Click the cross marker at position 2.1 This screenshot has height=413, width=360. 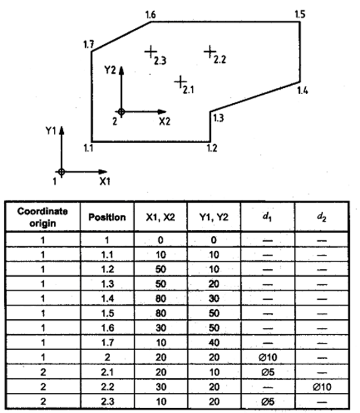(x=181, y=81)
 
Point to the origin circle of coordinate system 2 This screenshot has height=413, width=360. (x=121, y=112)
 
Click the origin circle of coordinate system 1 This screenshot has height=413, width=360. (x=62, y=172)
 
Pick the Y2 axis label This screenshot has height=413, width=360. (x=110, y=70)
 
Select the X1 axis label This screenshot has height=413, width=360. (x=104, y=181)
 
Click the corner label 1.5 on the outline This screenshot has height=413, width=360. (x=300, y=14)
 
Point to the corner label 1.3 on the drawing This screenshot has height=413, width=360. (x=217, y=118)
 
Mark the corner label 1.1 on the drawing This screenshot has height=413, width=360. (x=88, y=147)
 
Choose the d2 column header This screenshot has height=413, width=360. (x=321, y=217)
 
